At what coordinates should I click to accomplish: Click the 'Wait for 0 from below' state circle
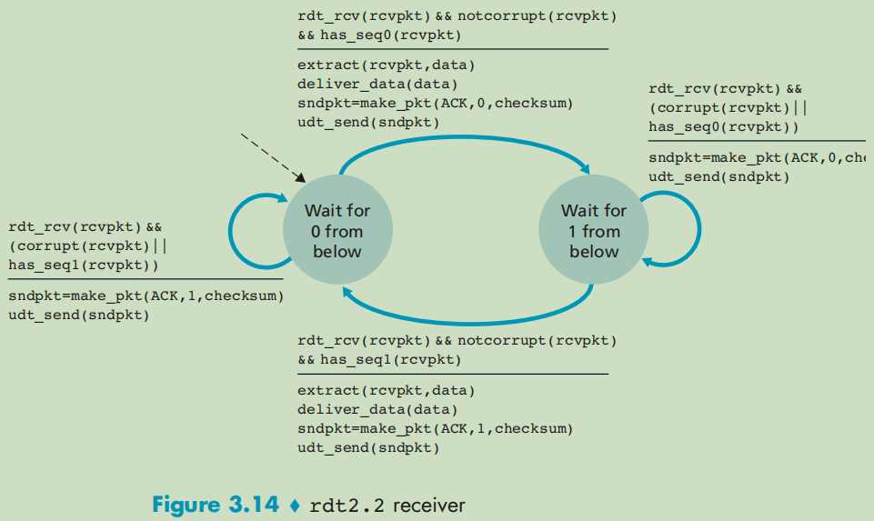pyautogui.click(x=337, y=231)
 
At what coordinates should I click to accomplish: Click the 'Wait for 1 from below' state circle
pyautogui.click(x=594, y=231)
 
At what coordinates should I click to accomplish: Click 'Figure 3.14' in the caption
pyautogui.click(x=216, y=505)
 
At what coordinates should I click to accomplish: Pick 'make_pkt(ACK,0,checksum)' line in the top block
pyautogui.click(x=435, y=103)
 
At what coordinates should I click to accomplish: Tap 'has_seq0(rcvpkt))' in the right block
pyautogui.click(x=724, y=126)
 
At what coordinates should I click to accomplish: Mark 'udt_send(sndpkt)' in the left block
pyautogui.click(x=79, y=315)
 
